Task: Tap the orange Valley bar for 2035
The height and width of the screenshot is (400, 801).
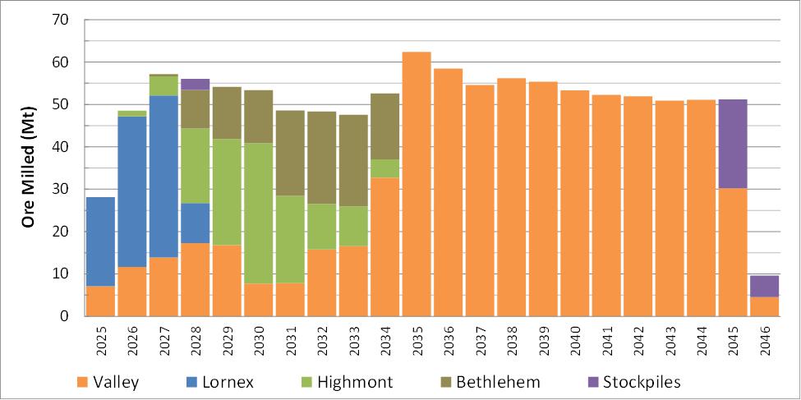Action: [417, 184]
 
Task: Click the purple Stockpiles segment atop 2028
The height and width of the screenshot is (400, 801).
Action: [195, 84]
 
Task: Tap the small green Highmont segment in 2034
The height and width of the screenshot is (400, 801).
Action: [384, 168]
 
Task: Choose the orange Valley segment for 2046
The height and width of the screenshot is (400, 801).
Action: [764, 306]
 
